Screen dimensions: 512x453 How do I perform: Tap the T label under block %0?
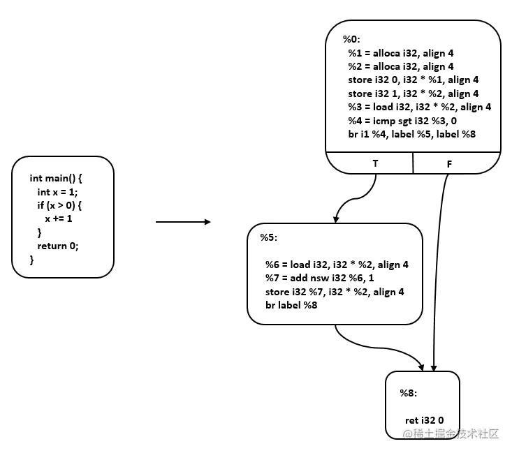377,162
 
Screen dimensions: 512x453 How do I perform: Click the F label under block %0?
450,162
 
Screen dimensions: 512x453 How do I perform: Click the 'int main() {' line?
56,179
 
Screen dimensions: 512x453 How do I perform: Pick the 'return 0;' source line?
58,246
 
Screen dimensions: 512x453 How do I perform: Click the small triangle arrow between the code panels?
207,223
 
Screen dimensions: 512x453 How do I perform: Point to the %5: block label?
269,238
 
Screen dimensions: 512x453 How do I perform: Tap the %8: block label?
409,393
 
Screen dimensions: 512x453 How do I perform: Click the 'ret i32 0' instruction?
425,419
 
